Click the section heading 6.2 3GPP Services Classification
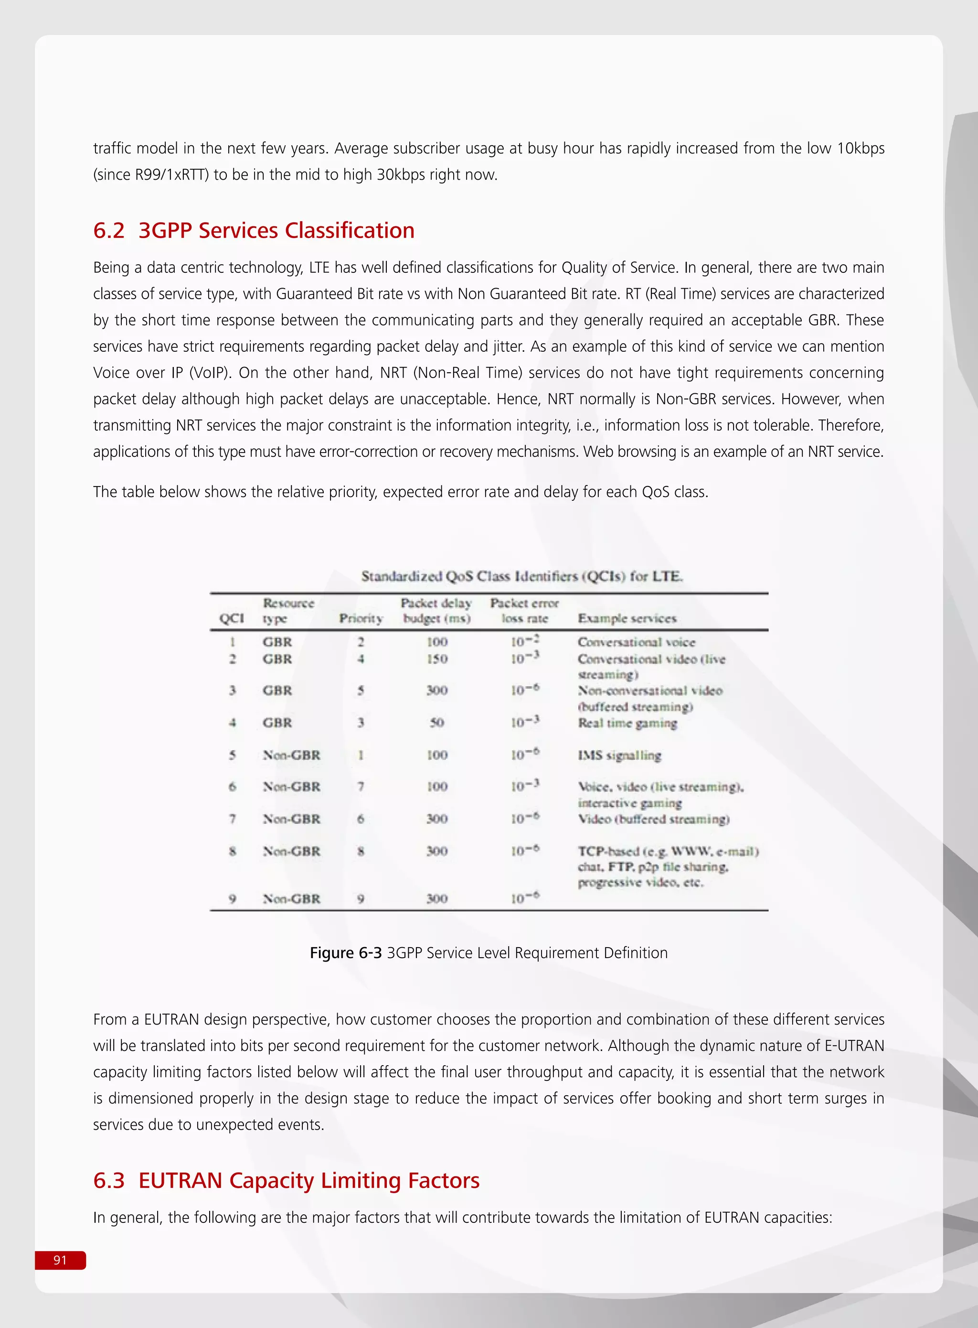[x=254, y=230]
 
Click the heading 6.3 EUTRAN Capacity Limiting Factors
[x=286, y=1180]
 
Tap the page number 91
[x=60, y=1260]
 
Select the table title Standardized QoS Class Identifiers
[x=521, y=576]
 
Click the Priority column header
[x=361, y=618]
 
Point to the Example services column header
[x=627, y=618]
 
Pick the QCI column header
[x=232, y=618]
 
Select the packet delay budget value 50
[x=437, y=723]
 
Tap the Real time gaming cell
[x=627, y=723]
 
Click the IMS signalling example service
[x=619, y=755]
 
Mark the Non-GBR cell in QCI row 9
[x=291, y=898]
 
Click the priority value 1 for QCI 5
[x=361, y=755]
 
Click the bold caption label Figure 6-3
[x=345, y=953]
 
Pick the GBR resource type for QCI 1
[x=277, y=642]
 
